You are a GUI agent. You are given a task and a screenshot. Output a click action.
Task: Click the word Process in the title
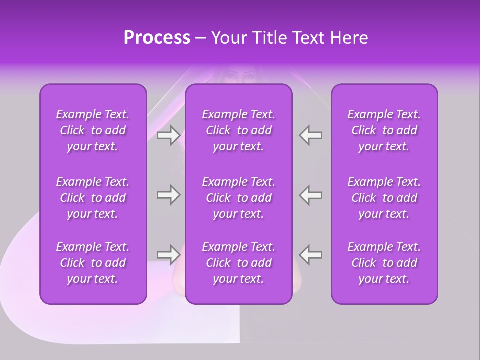pyautogui.click(x=157, y=38)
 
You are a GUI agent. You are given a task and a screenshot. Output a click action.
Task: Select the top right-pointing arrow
pyautogui.click(x=168, y=135)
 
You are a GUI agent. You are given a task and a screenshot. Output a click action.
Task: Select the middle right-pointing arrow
pyautogui.click(x=168, y=195)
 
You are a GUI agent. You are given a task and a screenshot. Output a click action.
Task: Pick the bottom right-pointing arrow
pyautogui.click(x=168, y=255)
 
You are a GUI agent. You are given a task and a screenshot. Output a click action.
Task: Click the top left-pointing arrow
pyautogui.click(x=311, y=135)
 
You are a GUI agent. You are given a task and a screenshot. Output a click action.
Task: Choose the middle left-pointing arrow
pyautogui.click(x=311, y=195)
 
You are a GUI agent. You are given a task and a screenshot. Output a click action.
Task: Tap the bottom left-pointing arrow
pyautogui.click(x=311, y=255)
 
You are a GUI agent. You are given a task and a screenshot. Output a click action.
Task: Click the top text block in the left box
pyautogui.click(x=93, y=130)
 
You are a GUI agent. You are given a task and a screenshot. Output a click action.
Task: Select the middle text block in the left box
pyautogui.click(x=93, y=198)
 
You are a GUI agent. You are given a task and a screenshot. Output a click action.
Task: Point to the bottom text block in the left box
pyautogui.click(x=93, y=263)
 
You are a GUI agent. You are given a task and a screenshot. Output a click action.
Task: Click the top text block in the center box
pyautogui.click(x=238, y=130)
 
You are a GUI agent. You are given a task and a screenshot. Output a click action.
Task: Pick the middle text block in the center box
pyautogui.click(x=238, y=198)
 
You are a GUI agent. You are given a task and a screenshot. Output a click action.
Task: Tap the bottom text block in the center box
pyautogui.click(x=238, y=263)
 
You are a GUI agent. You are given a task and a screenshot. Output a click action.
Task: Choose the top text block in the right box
pyautogui.click(x=384, y=130)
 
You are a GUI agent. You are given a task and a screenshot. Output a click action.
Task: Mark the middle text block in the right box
pyautogui.click(x=384, y=198)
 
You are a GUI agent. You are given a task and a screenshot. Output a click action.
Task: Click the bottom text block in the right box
pyautogui.click(x=384, y=263)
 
